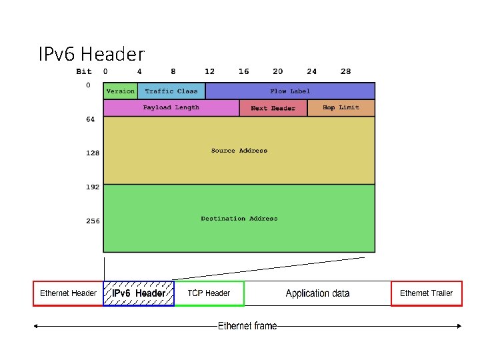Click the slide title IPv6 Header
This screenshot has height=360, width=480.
click(x=91, y=54)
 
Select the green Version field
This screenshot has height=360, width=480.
click(x=120, y=91)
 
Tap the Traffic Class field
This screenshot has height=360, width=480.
click(x=171, y=91)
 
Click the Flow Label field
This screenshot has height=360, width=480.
click(x=290, y=91)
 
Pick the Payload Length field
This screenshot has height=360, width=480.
click(x=171, y=107)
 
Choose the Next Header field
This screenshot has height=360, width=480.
click(x=273, y=108)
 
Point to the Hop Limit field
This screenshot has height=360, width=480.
click(x=341, y=107)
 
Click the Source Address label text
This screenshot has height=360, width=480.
click(x=239, y=151)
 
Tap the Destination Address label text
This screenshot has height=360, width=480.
click(x=239, y=219)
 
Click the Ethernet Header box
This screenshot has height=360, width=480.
click(x=68, y=293)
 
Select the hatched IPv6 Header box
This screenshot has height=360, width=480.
click(x=139, y=293)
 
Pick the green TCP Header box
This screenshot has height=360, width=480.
click(x=209, y=293)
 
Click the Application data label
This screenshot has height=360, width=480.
click(x=317, y=293)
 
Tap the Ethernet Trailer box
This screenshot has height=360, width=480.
click(x=426, y=293)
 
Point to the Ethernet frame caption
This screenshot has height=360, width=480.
click(x=247, y=326)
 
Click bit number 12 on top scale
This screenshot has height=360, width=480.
click(x=209, y=71)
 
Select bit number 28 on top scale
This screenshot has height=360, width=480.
click(x=345, y=71)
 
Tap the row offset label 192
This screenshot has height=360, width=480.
click(x=92, y=187)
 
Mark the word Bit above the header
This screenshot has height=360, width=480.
click(x=84, y=71)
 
